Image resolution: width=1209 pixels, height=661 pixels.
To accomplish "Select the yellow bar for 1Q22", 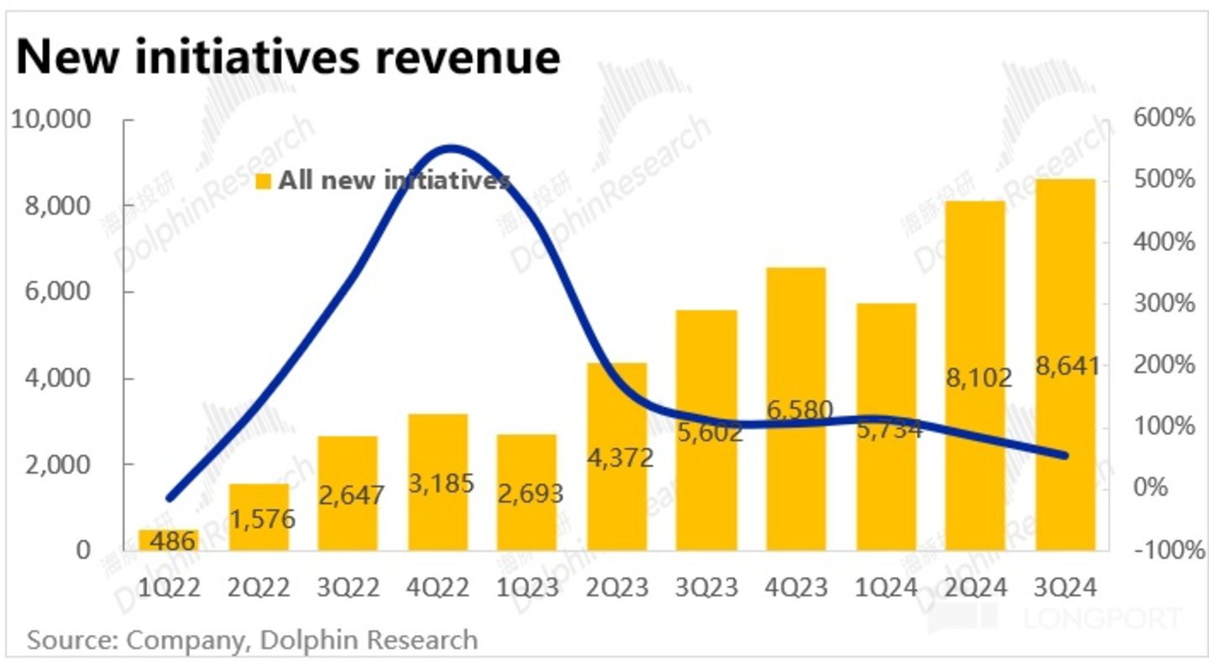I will point(170,539).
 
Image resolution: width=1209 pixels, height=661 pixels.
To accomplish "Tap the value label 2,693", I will point(527,493).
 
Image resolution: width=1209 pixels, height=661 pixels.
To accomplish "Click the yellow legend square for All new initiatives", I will point(264,181).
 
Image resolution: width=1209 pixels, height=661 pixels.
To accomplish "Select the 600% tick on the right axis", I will point(1162,118).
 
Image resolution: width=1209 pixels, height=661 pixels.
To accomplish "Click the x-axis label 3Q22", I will point(348,588).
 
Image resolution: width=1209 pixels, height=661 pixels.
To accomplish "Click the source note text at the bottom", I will point(252,640).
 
